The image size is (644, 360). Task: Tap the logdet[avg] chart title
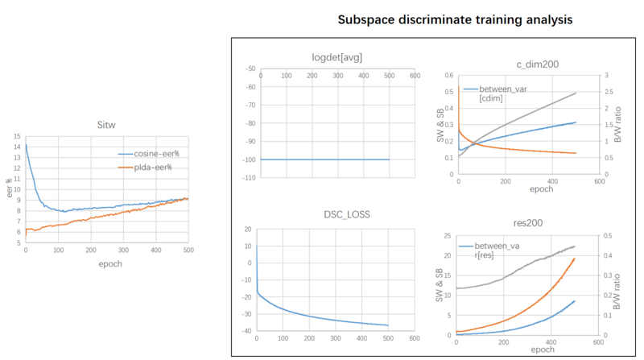point(336,57)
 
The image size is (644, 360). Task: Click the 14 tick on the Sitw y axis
point(18,147)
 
